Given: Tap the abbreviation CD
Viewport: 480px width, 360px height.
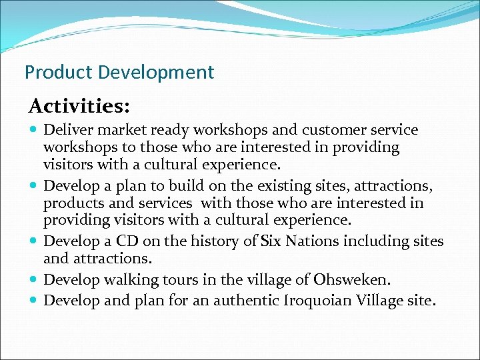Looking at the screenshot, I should (126, 241).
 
